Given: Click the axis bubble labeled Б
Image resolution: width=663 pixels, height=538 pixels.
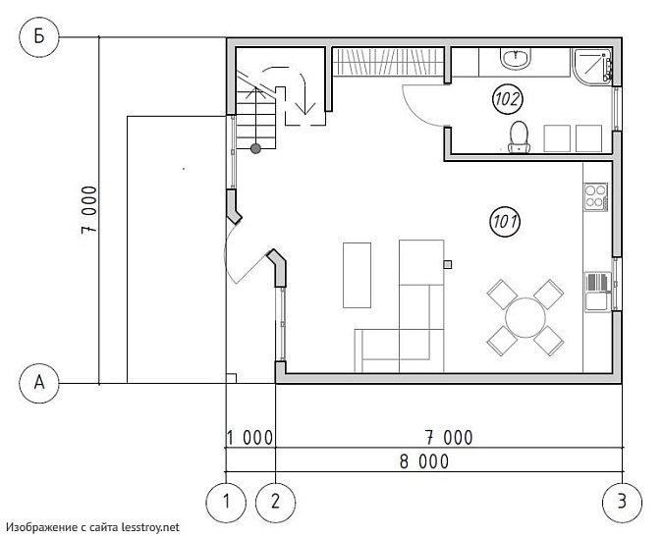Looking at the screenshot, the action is point(39,37).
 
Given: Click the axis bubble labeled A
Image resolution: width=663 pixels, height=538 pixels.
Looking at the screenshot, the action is point(39,383).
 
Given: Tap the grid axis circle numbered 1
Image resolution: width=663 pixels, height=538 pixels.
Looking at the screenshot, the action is point(226,503).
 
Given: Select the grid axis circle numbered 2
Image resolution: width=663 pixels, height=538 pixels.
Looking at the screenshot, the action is point(276,503).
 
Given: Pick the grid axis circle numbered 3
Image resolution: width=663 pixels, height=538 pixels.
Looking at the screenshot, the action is point(622,503).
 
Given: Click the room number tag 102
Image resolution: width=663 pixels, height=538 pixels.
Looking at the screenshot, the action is point(508,100).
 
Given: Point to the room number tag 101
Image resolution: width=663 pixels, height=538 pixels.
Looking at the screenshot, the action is point(505,222).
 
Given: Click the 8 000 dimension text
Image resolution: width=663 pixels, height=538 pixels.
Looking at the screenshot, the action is point(424,462).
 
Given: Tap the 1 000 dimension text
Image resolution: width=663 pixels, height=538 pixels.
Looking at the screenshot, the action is point(249,438).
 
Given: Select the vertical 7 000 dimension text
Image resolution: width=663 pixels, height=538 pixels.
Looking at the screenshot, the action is point(89,210).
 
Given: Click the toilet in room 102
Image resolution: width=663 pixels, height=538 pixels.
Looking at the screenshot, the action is point(519,136).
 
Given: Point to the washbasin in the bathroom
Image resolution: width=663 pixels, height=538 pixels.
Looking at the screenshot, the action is point(516,58).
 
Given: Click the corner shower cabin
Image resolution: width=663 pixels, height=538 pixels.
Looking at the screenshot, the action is point(592,67).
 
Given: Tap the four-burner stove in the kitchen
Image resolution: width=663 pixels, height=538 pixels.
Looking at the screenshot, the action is point(596,196).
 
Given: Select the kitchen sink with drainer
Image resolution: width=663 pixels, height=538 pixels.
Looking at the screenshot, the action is point(598,292).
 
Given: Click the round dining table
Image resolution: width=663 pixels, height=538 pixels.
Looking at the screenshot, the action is point(525,317).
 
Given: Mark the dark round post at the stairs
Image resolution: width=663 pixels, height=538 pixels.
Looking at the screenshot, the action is point(255,148).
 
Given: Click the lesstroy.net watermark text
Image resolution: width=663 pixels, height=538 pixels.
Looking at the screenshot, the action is point(92,527).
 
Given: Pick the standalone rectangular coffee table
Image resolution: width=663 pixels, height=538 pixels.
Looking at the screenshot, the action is point(357,275).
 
